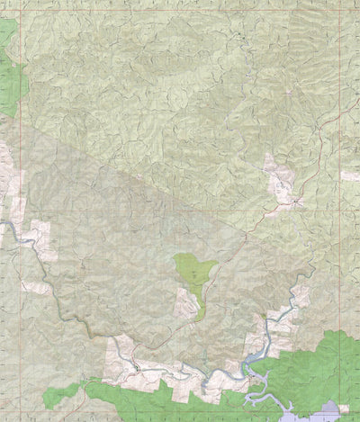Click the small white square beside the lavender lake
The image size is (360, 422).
tap(343, 409)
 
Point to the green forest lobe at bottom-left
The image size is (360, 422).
tap(60, 393)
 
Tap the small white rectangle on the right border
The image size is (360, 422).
tap(350, 176)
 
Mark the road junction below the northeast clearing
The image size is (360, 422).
tap(294, 202)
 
